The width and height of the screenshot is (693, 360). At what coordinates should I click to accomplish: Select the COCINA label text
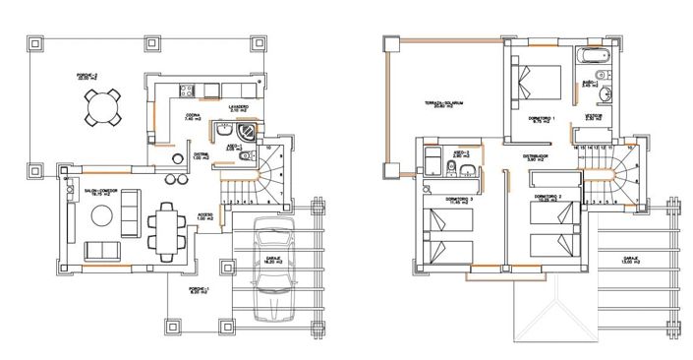click(x=194, y=115)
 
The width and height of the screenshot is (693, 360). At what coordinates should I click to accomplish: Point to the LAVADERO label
click(x=238, y=107)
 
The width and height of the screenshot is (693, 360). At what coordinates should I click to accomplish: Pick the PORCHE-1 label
click(x=198, y=290)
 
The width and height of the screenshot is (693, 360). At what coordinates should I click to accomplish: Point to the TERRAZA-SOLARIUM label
click(x=444, y=104)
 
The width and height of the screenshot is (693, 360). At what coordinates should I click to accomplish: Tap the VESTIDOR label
click(x=596, y=116)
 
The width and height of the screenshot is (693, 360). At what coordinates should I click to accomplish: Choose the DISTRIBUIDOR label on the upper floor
click(x=534, y=156)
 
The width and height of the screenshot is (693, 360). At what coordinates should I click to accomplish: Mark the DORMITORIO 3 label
click(x=459, y=201)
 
